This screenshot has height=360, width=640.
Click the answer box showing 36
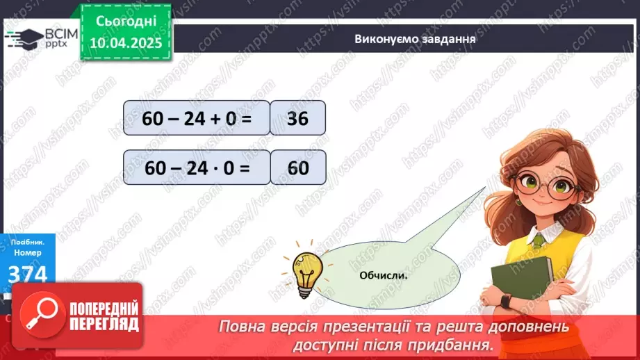[297, 117]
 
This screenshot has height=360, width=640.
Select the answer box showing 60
[298, 167]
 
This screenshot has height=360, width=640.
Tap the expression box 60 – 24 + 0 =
[196, 117]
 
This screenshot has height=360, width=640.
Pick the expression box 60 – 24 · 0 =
[196, 167]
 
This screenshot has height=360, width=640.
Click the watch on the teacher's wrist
[505, 301]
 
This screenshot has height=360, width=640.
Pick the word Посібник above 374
[24, 244]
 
